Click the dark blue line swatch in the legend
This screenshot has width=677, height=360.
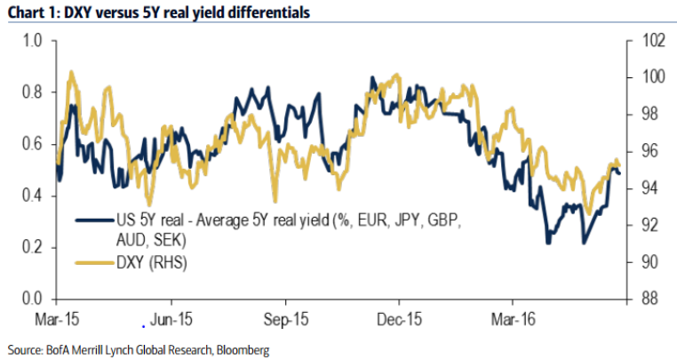[96, 219]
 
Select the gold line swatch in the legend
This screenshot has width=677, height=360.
[96, 262]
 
